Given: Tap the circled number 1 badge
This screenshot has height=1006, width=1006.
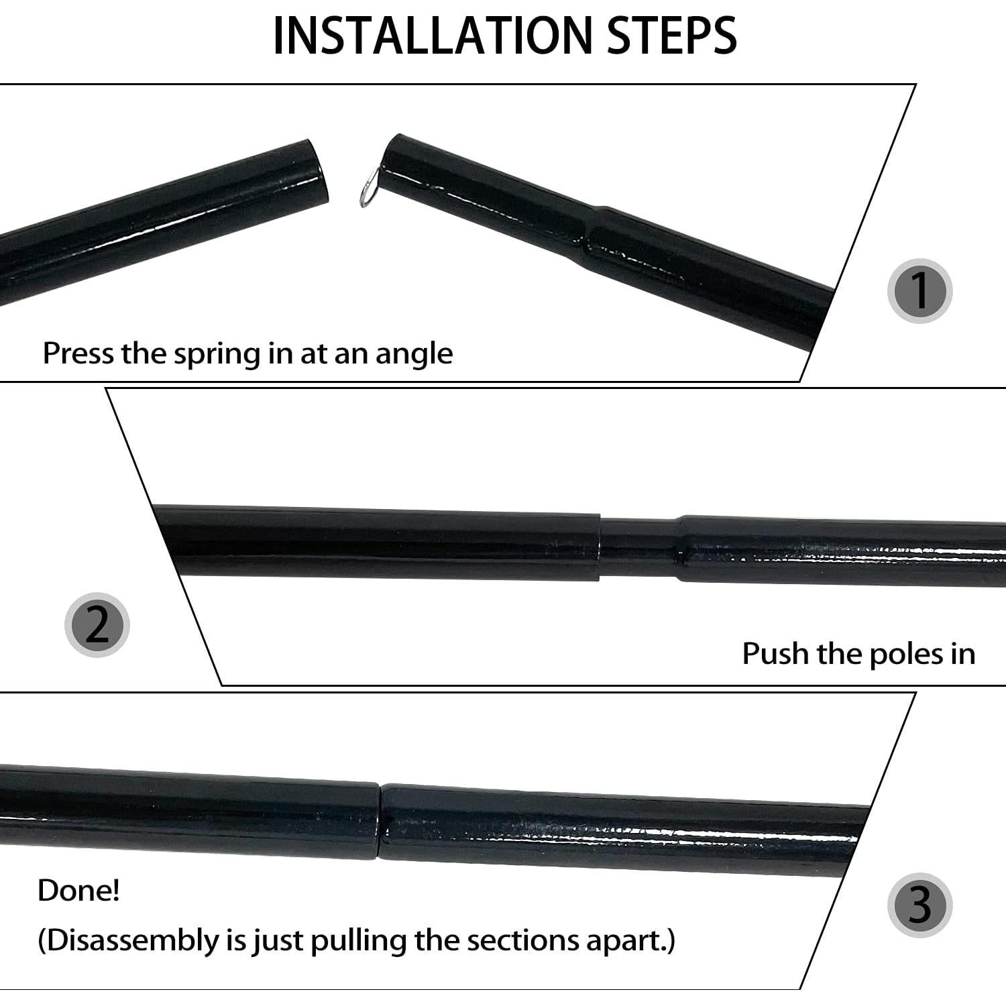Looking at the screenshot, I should (919, 291).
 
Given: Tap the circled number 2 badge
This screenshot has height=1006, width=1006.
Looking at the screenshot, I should (97, 624).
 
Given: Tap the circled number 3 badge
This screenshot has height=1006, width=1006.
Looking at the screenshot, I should (919, 905).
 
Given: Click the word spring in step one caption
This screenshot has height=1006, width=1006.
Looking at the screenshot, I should (217, 355).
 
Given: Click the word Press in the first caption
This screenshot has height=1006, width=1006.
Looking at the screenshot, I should (78, 353).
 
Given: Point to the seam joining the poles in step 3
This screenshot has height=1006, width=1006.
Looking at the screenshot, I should (380, 821).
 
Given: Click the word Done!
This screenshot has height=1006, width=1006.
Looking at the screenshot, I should (78, 891).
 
